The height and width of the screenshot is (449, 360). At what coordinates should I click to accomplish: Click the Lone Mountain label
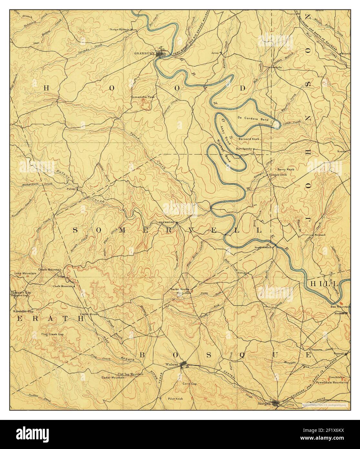pyautogui.click(x=25, y=274)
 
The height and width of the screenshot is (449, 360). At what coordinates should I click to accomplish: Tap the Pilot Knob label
pyautogui.click(x=175, y=399)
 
